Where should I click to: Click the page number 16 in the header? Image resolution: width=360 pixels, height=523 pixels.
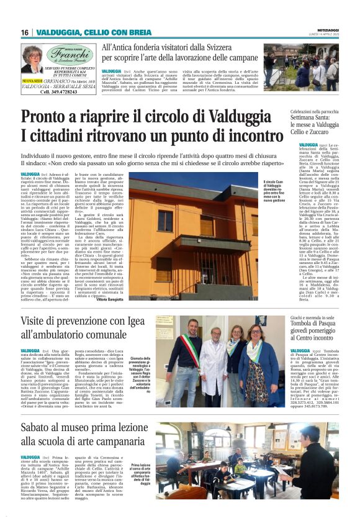tap(25, 32)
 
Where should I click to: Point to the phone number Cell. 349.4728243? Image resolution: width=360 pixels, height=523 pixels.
tap(58, 91)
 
